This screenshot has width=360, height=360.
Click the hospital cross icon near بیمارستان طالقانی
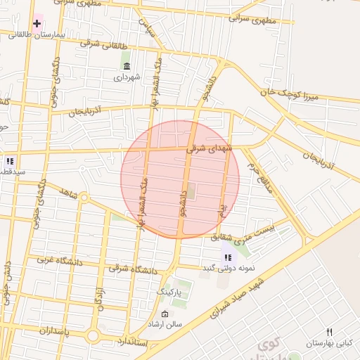pos(37,23)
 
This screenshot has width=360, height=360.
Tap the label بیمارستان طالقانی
pos(38,34)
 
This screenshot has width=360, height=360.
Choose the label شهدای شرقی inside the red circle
pos(206,149)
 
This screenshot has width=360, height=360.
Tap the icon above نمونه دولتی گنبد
pos(229,257)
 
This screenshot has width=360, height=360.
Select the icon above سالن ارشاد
pos(165,314)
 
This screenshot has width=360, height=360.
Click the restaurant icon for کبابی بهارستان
pos(329,333)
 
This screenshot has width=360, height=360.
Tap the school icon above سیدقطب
pos(11,160)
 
